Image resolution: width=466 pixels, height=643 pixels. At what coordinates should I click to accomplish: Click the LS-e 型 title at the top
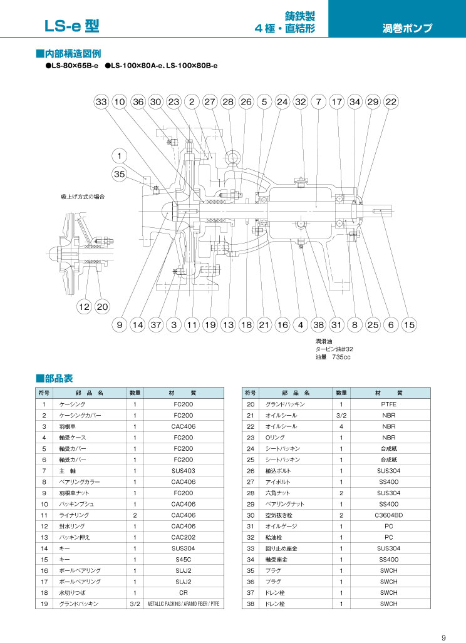click(x=71, y=26)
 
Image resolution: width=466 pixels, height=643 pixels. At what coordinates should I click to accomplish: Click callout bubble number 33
click(x=101, y=101)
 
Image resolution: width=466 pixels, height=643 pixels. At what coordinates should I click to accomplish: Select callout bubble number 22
click(x=391, y=101)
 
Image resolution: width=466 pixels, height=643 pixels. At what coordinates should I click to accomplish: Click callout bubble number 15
click(x=409, y=325)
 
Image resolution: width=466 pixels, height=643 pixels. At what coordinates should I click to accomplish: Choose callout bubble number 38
click(x=319, y=325)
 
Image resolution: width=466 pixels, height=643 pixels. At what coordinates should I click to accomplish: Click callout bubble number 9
click(x=120, y=325)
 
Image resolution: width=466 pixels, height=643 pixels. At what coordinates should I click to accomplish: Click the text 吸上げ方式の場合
click(x=83, y=197)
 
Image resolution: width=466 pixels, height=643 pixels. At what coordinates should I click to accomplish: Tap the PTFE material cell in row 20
click(x=388, y=404)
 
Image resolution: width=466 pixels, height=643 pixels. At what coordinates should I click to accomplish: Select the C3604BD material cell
click(x=388, y=515)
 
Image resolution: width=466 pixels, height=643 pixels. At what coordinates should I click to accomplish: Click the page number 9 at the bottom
click(x=443, y=637)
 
